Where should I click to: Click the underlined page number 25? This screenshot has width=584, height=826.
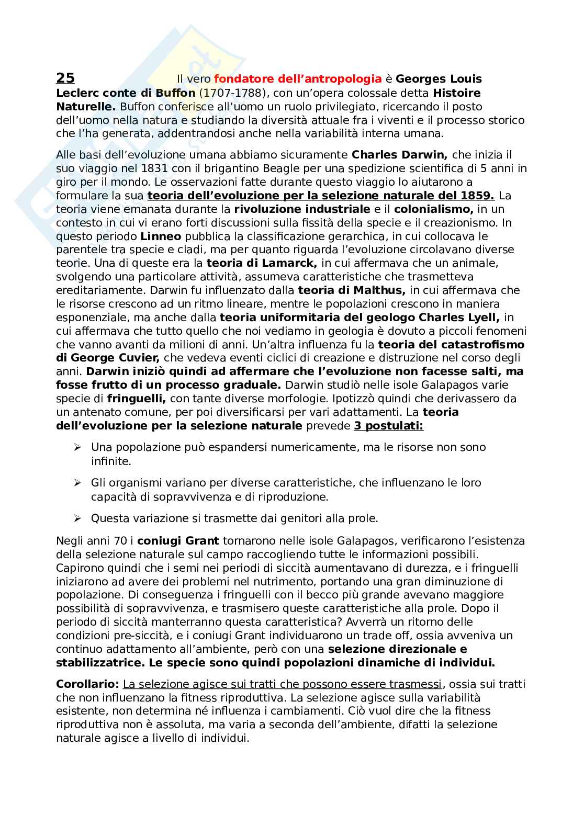[65, 78]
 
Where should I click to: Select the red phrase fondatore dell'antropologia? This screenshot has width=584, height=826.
[298, 79]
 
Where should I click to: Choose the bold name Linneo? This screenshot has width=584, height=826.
[161, 236]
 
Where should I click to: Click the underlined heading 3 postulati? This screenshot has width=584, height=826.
[388, 426]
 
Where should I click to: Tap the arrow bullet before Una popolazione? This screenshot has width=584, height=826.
[77, 448]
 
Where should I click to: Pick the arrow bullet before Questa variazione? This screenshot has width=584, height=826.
[77, 519]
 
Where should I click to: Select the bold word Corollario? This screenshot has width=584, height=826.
[87, 684]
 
